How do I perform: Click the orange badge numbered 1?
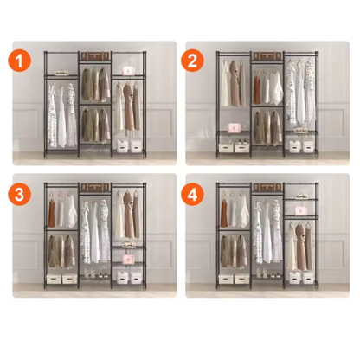click(19, 61)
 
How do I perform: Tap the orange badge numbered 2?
click(192, 61)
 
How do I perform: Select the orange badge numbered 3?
click(19, 194)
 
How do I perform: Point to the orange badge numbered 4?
click(192, 194)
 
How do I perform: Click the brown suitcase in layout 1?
click(95, 55)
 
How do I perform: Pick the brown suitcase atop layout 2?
click(267, 55)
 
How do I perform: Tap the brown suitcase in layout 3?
click(95, 187)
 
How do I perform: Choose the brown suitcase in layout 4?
click(267, 187)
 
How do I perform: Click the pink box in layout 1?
click(127, 71)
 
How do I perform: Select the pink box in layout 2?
click(234, 128)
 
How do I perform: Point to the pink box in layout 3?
click(127, 258)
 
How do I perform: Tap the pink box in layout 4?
click(300, 210)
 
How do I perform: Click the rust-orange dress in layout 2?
click(257, 87)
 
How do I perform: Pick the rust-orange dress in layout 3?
click(52, 214)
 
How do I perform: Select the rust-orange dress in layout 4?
click(224, 214)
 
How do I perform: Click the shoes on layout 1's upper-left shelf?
click(61, 72)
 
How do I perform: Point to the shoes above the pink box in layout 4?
click(300, 196)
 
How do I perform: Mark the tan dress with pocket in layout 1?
click(128, 106)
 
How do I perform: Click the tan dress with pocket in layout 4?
click(301, 247)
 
